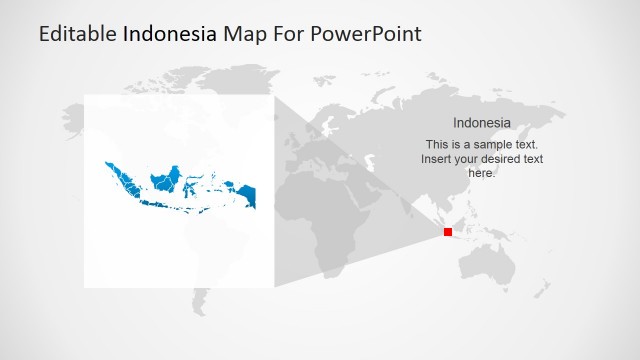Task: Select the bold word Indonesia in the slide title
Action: pyautogui.click(x=169, y=34)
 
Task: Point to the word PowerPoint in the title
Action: pyautogui.click(x=366, y=34)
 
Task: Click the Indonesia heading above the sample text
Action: pyautogui.click(x=482, y=123)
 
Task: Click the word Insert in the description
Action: pyautogui.click(x=436, y=158)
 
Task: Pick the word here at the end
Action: pyautogui.click(x=482, y=172)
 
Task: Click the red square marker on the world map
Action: pyautogui.click(x=448, y=232)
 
